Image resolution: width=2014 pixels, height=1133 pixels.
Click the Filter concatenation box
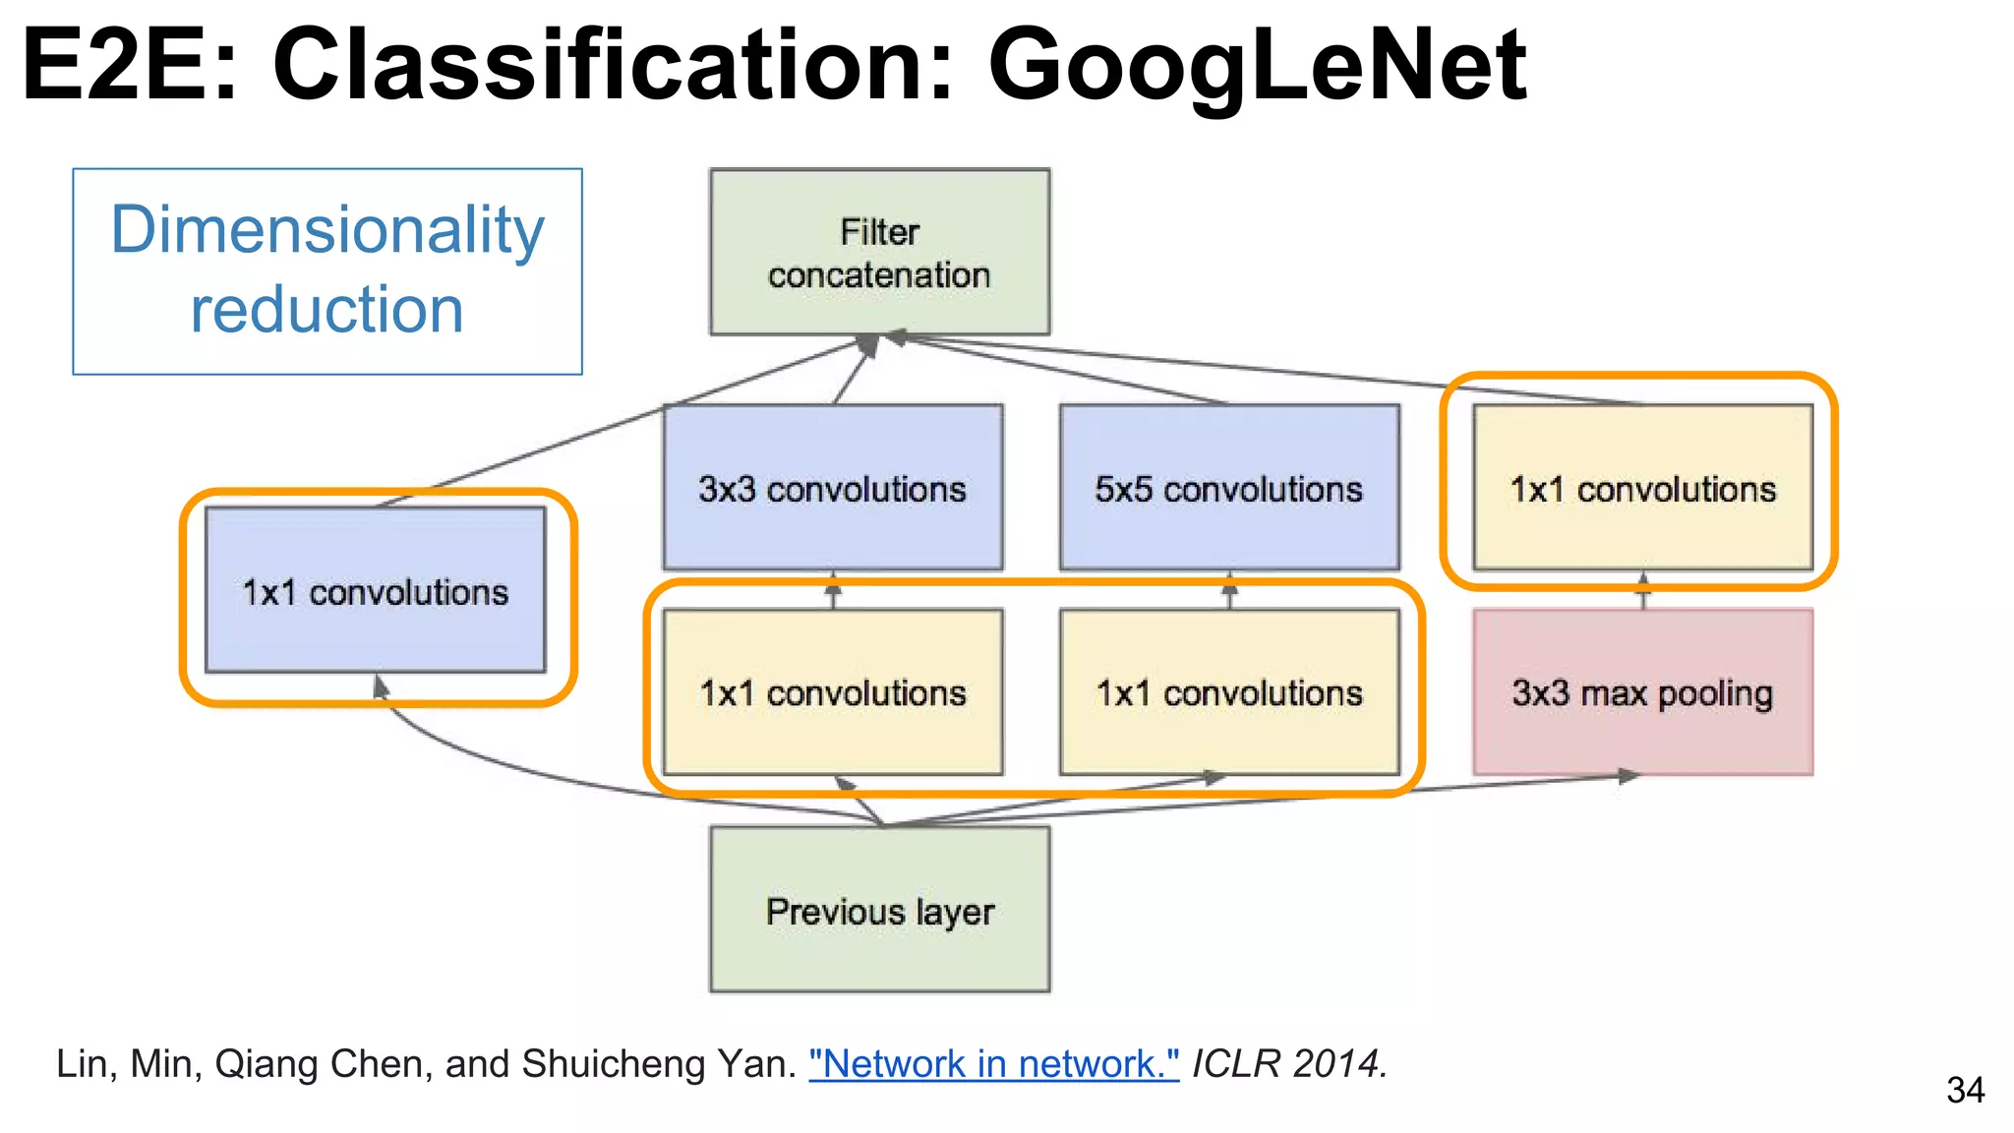(x=879, y=252)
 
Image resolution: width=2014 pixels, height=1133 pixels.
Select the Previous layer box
(x=879, y=910)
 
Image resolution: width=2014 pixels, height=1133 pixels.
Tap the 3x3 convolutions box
(x=832, y=488)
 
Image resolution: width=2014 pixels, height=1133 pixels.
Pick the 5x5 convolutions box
(x=1228, y=488)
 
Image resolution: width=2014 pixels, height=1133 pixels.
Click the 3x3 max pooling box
(x=1642, y=692)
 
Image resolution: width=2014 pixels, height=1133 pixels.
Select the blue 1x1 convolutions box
(x=375, y=590)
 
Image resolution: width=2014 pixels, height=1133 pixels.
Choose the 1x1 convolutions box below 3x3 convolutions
(x=832, y=692)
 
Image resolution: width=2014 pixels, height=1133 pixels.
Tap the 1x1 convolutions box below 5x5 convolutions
(x=1228, y=692)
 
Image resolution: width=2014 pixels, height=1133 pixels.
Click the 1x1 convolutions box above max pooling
(x=1642, y=488)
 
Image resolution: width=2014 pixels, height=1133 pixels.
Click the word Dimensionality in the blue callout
(x=326, y=231)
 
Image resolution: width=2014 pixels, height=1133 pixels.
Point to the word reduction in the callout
(x=326, y=310)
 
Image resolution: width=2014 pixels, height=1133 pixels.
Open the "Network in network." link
(x=993, y=1064)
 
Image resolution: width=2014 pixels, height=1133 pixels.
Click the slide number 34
(x=1965, y=1090)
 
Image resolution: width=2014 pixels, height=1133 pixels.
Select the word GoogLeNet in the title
(x=1256, y=65)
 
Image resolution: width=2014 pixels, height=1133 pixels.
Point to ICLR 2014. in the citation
(x=1289, y=1064)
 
